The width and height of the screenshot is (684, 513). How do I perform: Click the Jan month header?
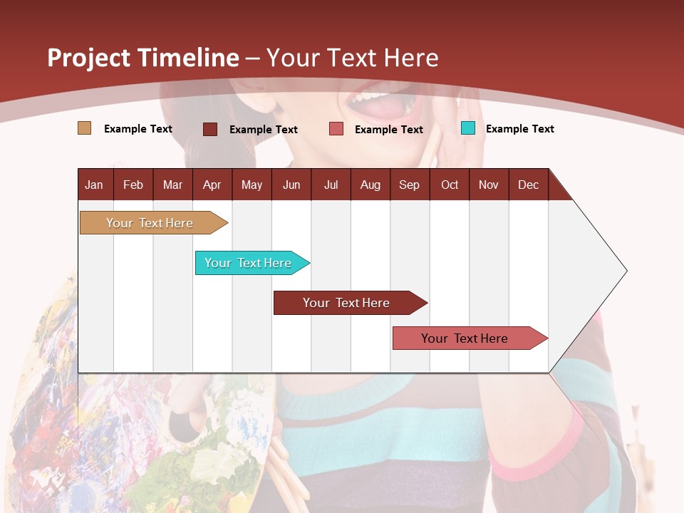(x=94, y=185)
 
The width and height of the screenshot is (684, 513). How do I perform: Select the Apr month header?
(x=212, y=185)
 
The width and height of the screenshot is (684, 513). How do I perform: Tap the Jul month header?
(x=331, y=185)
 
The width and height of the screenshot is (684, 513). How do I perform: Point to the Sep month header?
(x=409, y=185)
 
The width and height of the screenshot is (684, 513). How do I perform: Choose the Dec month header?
(x=528, y=185)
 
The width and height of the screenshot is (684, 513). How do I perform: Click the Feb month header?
(x=133, y=185)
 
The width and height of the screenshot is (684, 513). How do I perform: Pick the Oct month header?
(x=450, y=185)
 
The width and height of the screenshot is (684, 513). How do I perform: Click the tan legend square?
(x=84, y=128)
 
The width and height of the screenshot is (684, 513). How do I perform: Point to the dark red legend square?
(x=210, y=129)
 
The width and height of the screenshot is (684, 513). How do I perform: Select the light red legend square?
(x=336, y=129)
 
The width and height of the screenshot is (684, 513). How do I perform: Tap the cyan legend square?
(x=468, y=128)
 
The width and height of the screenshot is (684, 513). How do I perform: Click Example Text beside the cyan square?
(x=519, y=129)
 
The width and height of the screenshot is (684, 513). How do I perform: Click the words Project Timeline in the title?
(x=142, y=58)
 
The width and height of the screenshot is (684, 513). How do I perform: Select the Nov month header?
(x=489, y=185)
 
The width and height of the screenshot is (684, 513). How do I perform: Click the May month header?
(x=252, y=185)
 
